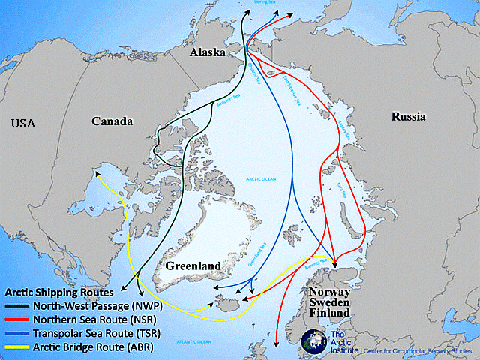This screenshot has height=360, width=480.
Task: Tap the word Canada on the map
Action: click(x=112, y=121)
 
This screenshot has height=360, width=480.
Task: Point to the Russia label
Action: click(x=408, y=117)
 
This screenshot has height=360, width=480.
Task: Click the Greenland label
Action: click(x=194, y=265)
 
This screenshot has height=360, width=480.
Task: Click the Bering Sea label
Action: click(x=265, y=3)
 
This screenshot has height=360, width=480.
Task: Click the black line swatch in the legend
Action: click(x=18, y=305)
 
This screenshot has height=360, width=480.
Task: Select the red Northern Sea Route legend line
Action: click(x=18, y=319)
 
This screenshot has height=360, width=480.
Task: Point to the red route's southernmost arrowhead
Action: click(x=277, y=344)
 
